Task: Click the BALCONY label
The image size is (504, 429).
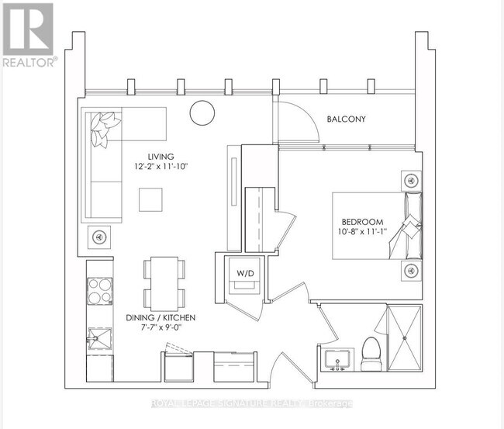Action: (x=346, y=119)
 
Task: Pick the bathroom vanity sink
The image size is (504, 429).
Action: (x=339, y=360)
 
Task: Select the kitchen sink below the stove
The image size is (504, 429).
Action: (x=99, y=339)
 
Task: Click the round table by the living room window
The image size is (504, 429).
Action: (x=202, y=112)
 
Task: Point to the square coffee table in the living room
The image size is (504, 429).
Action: (x=151, y=200)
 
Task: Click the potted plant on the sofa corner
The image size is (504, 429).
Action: (x=103, y=129)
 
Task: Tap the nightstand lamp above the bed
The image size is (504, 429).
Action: (x=410, y=180)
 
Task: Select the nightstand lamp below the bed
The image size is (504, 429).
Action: (x=410, y=270)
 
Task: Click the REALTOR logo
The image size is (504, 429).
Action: (x=29, y=36)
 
